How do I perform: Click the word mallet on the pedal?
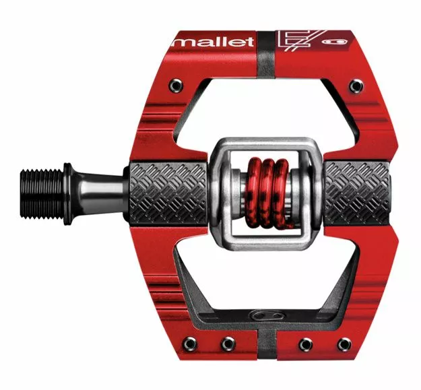pyautogui.click(x=214, y=42)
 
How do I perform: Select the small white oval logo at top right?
pyautogui.click(x=335, y=42)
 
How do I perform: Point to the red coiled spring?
pyautogui.click(x=267, y=193)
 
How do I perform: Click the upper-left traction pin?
pyautogui.click(x=176, y=86)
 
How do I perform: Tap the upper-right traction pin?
pyautogui.click(x=356, y=86)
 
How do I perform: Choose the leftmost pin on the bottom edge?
pyautogui.click(x=189, y=344)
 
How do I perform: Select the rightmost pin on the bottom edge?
pyautogui.click(x=344, y=344)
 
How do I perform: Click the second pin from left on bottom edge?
pyautogui.click(x=228, y=344)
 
